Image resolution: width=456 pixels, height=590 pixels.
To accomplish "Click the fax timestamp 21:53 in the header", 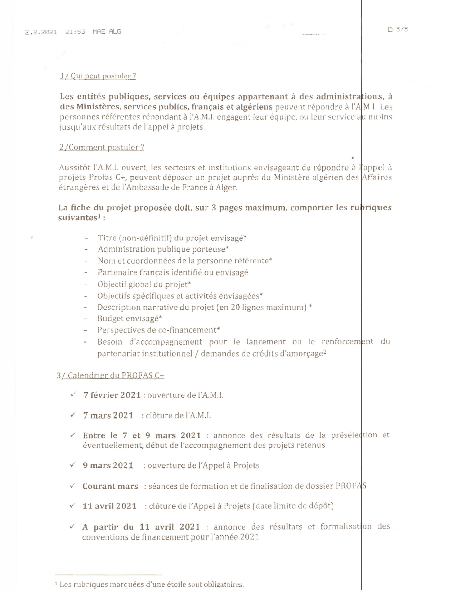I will point(75,31).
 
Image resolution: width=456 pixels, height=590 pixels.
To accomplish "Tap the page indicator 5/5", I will point(402,29).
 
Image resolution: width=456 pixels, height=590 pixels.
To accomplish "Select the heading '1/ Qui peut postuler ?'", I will point(98,76).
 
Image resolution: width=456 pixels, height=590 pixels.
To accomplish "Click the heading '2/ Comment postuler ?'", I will point(102,147).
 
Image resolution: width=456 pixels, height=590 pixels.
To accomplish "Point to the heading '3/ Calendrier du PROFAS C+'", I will point(111,375).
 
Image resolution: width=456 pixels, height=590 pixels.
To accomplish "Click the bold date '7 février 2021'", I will point(112,395).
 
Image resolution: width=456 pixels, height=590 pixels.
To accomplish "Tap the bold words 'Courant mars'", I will point(110,486).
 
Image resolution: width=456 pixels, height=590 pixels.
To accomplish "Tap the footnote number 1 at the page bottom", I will point(57,584).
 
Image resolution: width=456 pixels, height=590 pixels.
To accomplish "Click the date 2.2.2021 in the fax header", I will point(41,31).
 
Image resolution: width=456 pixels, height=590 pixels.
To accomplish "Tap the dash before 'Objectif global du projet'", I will point(86,285).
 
